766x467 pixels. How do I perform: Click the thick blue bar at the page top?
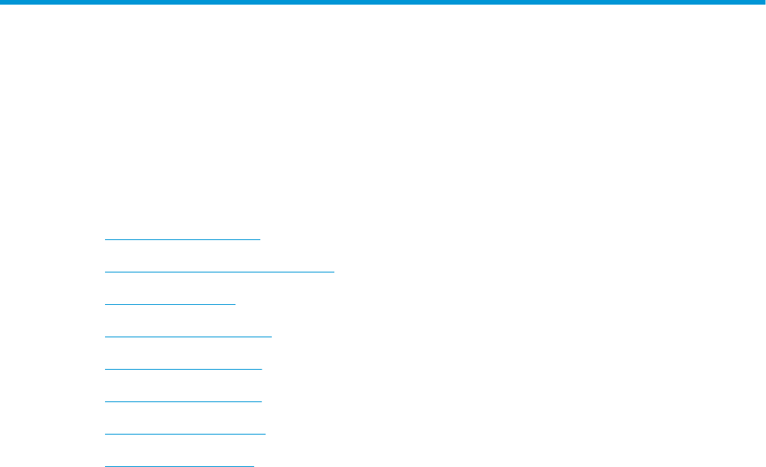pyautogui.click(x=383, y=2)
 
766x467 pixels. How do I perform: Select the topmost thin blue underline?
pyautogui.click(x=183, y=239)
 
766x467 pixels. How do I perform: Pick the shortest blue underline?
pyautogui.click(x=170, y=304)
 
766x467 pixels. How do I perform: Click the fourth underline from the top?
pyautogui.click(x=188, y=337)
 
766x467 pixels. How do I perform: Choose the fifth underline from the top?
pyautogui.click(x=183, y=369)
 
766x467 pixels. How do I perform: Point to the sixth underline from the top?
pyautogui.click(x=183, y=401)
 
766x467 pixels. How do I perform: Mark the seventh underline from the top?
pyautogui.click(x=185, y=434)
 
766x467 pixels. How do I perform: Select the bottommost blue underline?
pyautogui.click(x=179, y=465)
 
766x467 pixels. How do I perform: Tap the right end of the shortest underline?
pyautogui.click(x=236, y=304)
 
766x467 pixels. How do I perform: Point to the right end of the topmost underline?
pyautogui.click(x=261, y=239)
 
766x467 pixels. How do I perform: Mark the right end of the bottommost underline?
pyautogui.click(x=253, y=465)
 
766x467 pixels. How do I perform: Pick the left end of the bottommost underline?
pyautogui.click(x=105, y=465)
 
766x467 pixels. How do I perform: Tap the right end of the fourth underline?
pyautogui.click(x=272, y=337)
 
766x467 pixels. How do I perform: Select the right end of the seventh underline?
pyautogui.click(x=265, y=434)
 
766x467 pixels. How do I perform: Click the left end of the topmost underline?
pyautogui.click(x=105, y=239)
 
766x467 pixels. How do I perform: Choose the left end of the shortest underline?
pyautogui.click(x=105, y=304)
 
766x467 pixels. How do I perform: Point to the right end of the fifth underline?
pyautogui.click(x=262, y=369)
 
